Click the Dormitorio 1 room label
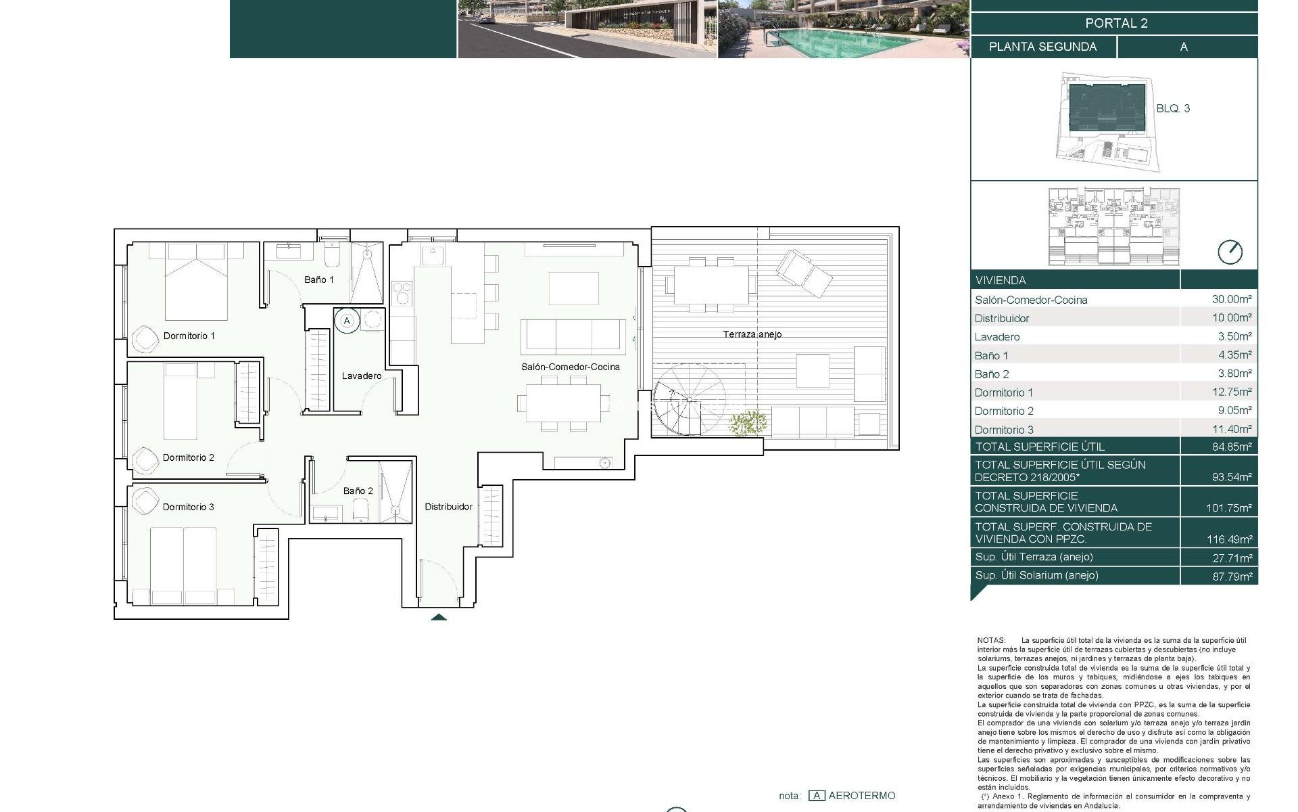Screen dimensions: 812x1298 coord(189,336)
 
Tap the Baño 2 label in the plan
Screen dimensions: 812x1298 coord(358,491)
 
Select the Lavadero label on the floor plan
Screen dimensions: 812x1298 coord(361,376)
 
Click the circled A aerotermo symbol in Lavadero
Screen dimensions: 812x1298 coord(347,321)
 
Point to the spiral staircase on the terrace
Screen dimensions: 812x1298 coord(689,400)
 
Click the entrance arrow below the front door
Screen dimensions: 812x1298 coord(439,616)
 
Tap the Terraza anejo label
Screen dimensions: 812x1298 coord(752,334)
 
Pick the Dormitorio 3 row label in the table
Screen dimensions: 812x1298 coord(1004,430)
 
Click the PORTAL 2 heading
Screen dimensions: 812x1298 coord(1116,23)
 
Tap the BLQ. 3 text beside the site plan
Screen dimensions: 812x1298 coord(1173,108)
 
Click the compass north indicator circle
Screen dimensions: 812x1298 coord(1230,252)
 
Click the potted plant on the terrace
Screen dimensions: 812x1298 coord(748,424)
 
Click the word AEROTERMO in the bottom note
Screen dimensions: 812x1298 coord(861,796)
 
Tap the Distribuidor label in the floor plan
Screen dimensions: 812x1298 coord(448,507)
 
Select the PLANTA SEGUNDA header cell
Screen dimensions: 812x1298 coord(1042,47)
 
